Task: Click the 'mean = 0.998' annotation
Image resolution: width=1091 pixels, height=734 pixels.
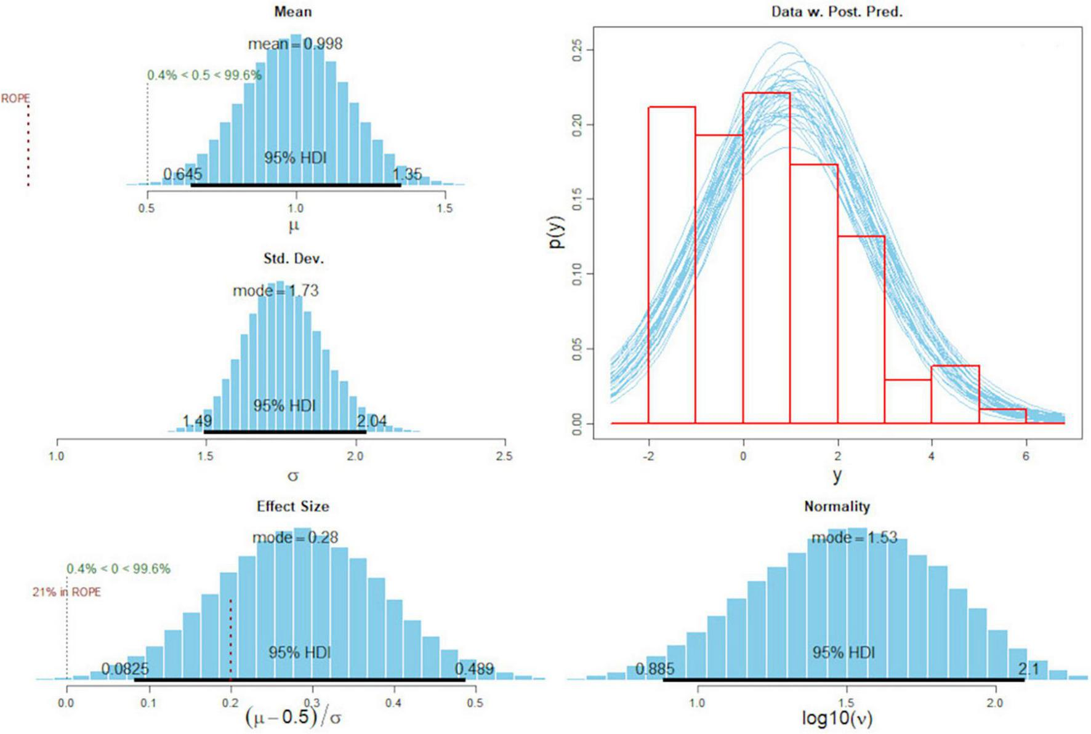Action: [x=295, y=44]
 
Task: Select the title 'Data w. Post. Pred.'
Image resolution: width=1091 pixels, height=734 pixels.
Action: [x=837, y=12]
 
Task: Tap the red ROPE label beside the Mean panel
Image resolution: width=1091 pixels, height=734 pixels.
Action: [x=15, y=98]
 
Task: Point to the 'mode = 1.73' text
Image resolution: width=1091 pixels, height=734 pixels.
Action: [x=275, y=290]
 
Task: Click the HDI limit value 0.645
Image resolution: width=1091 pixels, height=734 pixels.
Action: [x=182, y=174]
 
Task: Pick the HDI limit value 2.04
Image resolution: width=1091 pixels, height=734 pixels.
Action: [x=372, y=421]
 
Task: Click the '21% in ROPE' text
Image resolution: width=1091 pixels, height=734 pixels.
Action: [x=66, y=592]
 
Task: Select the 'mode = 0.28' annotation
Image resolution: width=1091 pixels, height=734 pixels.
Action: [x=295, y=537]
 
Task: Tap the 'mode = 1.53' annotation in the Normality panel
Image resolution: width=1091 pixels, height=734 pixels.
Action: [x=854, y=537]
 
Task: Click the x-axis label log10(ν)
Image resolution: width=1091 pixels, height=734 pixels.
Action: [x=837, y=718]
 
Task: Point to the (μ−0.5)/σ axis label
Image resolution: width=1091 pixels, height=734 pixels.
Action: [x=293, y=717]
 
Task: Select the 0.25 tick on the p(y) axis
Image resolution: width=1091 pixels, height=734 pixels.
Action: [x=577, y=50]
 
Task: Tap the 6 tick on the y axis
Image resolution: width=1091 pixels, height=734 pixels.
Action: [x=1026, y=456]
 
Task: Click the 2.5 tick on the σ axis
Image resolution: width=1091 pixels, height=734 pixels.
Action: [x=504, y=456]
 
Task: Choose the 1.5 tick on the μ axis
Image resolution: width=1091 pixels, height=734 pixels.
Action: [x=445, y=209]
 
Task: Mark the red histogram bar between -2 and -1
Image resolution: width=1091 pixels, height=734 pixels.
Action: [x=672, y=265]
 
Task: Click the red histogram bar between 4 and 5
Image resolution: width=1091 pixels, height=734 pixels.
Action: [x=955, y=394]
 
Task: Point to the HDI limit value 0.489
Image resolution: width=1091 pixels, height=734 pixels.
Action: [x=474, y=669]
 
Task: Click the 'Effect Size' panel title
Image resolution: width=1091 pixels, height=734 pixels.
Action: [x=292, y=506]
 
